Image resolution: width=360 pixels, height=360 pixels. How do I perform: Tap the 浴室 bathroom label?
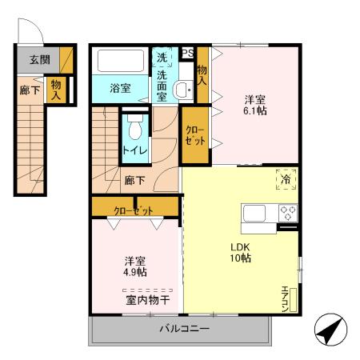coord(121,89)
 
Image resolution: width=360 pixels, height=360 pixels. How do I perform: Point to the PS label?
coord(188,54)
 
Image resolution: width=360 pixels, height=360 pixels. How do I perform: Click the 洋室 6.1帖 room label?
coord(255,105)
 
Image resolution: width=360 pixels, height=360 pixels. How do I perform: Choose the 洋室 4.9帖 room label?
coord(134,266)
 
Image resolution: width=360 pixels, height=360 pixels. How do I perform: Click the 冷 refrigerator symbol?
coord(286,180)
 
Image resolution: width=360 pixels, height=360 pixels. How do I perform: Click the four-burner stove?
coord(287,214)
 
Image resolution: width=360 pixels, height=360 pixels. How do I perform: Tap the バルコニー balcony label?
coord(183,329)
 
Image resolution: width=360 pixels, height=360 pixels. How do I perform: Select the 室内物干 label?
coord(147,301)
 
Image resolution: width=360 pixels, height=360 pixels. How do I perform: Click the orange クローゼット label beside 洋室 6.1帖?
coord(194,134)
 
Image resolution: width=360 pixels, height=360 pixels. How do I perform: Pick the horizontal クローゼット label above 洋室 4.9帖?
coord(134,210)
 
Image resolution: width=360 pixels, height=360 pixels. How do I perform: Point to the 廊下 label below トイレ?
coord(134,180)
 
